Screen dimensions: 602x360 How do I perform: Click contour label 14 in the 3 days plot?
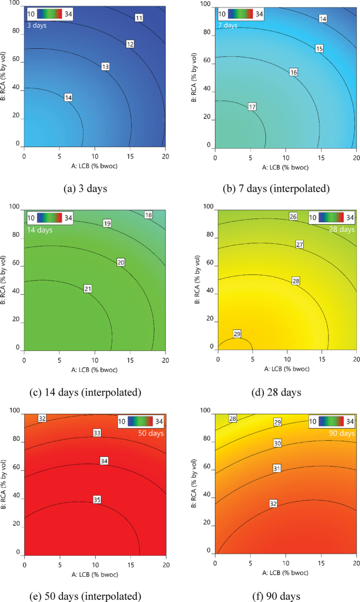pos(68,98)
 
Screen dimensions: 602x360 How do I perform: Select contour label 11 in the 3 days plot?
pos(139,18)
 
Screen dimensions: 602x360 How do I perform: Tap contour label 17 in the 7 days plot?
pos(252,107)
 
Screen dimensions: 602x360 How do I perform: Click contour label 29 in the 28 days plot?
pos(237,334)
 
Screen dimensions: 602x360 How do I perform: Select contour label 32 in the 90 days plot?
pos(273,504)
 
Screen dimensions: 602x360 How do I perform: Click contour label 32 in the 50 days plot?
pos(43,419)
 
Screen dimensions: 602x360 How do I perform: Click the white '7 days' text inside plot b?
pos(228,25)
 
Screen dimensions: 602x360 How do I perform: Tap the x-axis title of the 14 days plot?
pos(95,370)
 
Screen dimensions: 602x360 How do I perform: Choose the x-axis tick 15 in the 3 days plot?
pos(130,156)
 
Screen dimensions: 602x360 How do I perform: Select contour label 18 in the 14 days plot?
pos(148,215)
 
